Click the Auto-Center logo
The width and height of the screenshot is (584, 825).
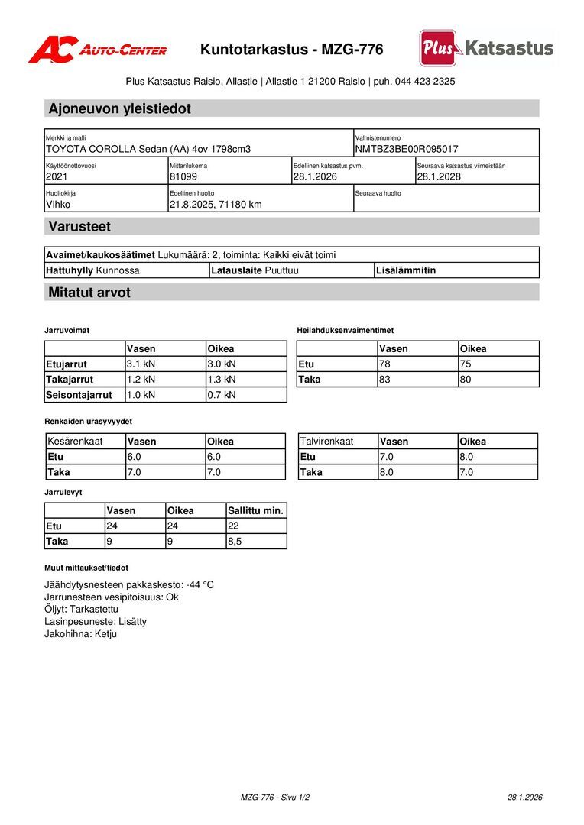coord(97,50)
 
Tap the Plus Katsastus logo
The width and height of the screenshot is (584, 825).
coord(486,48)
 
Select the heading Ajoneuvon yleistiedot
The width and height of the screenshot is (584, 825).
coord(120,108)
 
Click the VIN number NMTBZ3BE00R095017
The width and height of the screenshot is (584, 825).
coord(407,149)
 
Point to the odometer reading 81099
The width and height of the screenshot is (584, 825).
coord(183,176)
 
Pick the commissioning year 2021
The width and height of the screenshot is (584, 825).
coord(57,176)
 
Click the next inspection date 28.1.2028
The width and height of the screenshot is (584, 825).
coord(439,176)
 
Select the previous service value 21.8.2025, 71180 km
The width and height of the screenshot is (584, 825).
coord(216,204)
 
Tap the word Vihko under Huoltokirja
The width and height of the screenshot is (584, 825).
coord(58,204)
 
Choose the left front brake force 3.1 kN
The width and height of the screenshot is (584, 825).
coord(141,364)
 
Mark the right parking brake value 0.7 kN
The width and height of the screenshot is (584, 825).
coord(222,395)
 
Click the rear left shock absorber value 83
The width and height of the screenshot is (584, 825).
coord(384,379)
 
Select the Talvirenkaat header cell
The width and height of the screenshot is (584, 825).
coord(326,442)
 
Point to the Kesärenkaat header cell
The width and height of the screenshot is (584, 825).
coord(75,442)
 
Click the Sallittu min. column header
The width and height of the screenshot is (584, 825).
coord(255,510)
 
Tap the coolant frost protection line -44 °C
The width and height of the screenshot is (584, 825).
coord(129,584)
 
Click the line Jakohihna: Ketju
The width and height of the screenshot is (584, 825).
coord(80,633)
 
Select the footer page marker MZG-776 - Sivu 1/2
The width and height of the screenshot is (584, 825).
coord(275,797)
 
